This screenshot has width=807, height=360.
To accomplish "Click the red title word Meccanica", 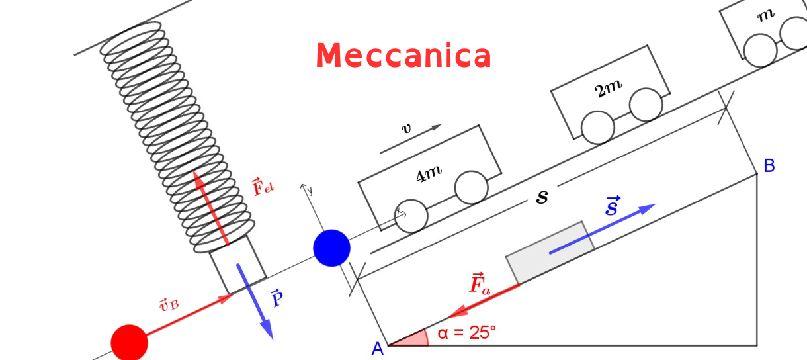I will pos(403,56).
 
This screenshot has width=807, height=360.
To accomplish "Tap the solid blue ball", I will pos(331,248).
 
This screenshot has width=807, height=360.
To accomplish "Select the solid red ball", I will pos(129,343).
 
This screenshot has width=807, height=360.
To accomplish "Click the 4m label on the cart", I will pos(429,173).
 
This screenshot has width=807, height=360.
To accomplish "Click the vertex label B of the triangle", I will pos(769,166).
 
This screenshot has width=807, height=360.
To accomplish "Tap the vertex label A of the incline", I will pos(378,349).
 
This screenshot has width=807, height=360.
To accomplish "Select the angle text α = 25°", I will pos(466,333).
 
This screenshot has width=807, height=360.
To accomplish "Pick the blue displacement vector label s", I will pos(613,206).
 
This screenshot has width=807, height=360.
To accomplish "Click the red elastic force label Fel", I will pos(263,186).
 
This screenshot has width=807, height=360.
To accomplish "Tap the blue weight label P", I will pos(278,299).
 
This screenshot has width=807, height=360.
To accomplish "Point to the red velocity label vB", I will pos(168,304).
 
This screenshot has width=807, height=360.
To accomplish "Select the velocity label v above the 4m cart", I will pos(407,128).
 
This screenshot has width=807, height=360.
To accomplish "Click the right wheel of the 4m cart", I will pos(471,187).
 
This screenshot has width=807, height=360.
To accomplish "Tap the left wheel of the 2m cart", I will pos(598,127).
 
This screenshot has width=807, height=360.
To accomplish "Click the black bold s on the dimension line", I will pos(542,197).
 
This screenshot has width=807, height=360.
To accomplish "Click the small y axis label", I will pos(310,191).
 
